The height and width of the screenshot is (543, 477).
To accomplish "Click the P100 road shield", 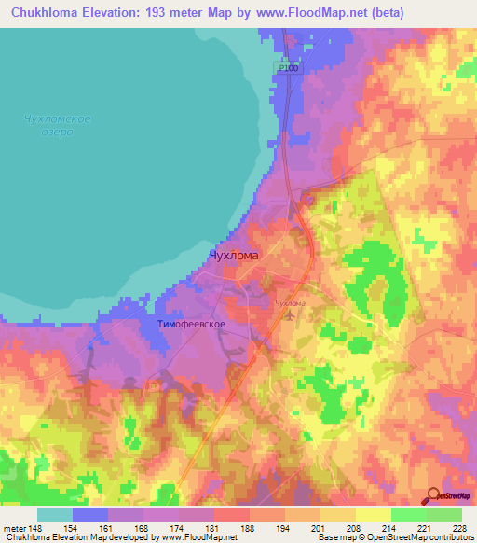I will coord(289,68).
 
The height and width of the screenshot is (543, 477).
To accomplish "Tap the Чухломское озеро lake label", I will coord(57,125).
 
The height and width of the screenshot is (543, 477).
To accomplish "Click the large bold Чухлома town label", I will coord(235,254).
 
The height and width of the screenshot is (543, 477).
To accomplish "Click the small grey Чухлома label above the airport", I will coord(290,303).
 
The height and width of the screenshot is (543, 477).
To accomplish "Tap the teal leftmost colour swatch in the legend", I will coord(55,514).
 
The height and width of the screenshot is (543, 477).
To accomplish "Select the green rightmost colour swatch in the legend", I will coord(444,514).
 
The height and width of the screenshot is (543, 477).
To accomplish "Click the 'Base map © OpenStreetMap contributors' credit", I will coord(392,537).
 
